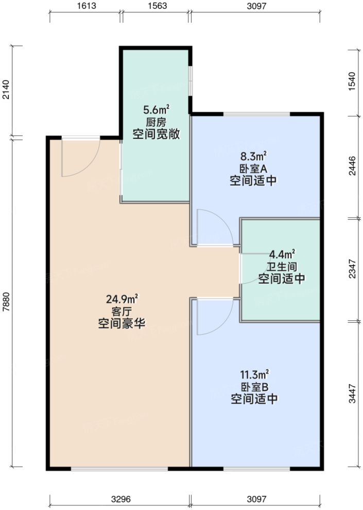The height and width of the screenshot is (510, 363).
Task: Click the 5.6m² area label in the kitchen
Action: pos(157,110)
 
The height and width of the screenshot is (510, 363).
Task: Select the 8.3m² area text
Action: pos(253,156)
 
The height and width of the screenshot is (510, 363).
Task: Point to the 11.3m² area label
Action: pos(253,374)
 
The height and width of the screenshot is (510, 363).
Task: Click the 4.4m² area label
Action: pos(282,254)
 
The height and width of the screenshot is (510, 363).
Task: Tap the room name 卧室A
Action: pos(253,169)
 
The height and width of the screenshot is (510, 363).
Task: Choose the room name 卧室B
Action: pos(253,387)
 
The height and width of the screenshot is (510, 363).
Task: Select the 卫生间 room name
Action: pos(282,267)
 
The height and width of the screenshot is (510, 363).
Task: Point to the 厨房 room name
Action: pos(157,122)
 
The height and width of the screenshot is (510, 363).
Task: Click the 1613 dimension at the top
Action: pos(85,7)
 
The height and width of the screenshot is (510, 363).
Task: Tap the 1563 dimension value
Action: pos(156,7)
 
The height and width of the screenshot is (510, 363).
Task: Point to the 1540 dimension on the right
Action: pos(352,82)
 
